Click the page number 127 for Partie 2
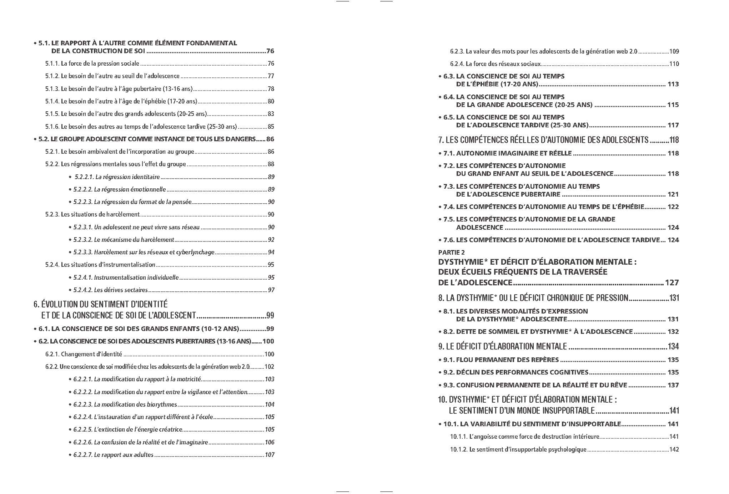point(672,283)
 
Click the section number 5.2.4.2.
point(83,290)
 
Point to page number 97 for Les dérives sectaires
point(271,290)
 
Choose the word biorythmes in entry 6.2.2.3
point(163,404)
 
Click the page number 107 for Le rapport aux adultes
point(270,455)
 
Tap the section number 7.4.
point(448,207)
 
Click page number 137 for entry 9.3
point(673,385)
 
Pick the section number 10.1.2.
point(459,449)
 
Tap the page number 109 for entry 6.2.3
point(674,51)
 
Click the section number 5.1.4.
point(52,101)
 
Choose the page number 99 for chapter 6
point(270,315)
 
